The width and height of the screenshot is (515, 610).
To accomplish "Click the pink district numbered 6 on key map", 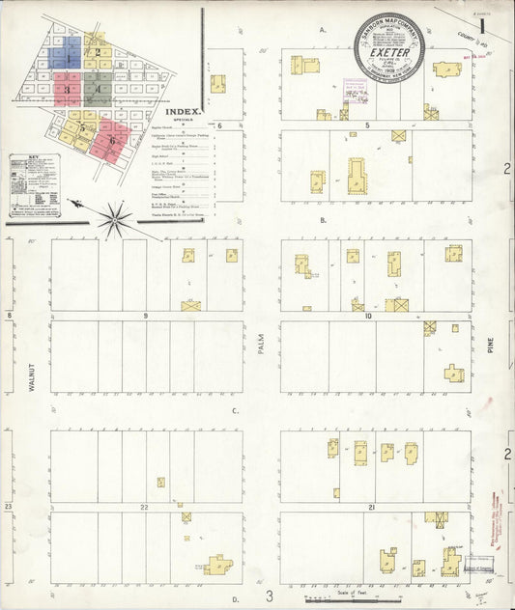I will click(112, 140).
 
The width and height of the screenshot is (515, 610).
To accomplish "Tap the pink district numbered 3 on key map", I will click(67, 92).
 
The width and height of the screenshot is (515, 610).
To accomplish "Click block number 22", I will click(143, 506).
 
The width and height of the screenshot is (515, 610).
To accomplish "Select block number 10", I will click(368, 316).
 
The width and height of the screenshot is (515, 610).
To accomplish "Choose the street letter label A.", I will click(322, 30).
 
